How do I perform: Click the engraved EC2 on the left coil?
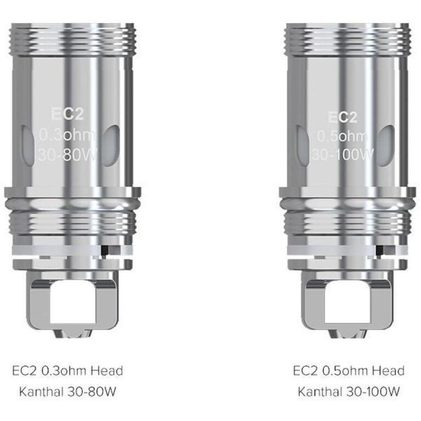tap(67, 114)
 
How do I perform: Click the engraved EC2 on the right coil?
tap(343, 117)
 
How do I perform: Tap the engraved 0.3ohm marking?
tap(67, 134)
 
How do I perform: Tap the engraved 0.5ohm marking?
tap(343, 136)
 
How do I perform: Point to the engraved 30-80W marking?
tap(68, 155)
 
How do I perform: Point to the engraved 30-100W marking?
tap(343, 155)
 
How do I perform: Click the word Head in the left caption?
tap(106, 371)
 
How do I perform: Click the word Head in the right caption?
tap(388, 371)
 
